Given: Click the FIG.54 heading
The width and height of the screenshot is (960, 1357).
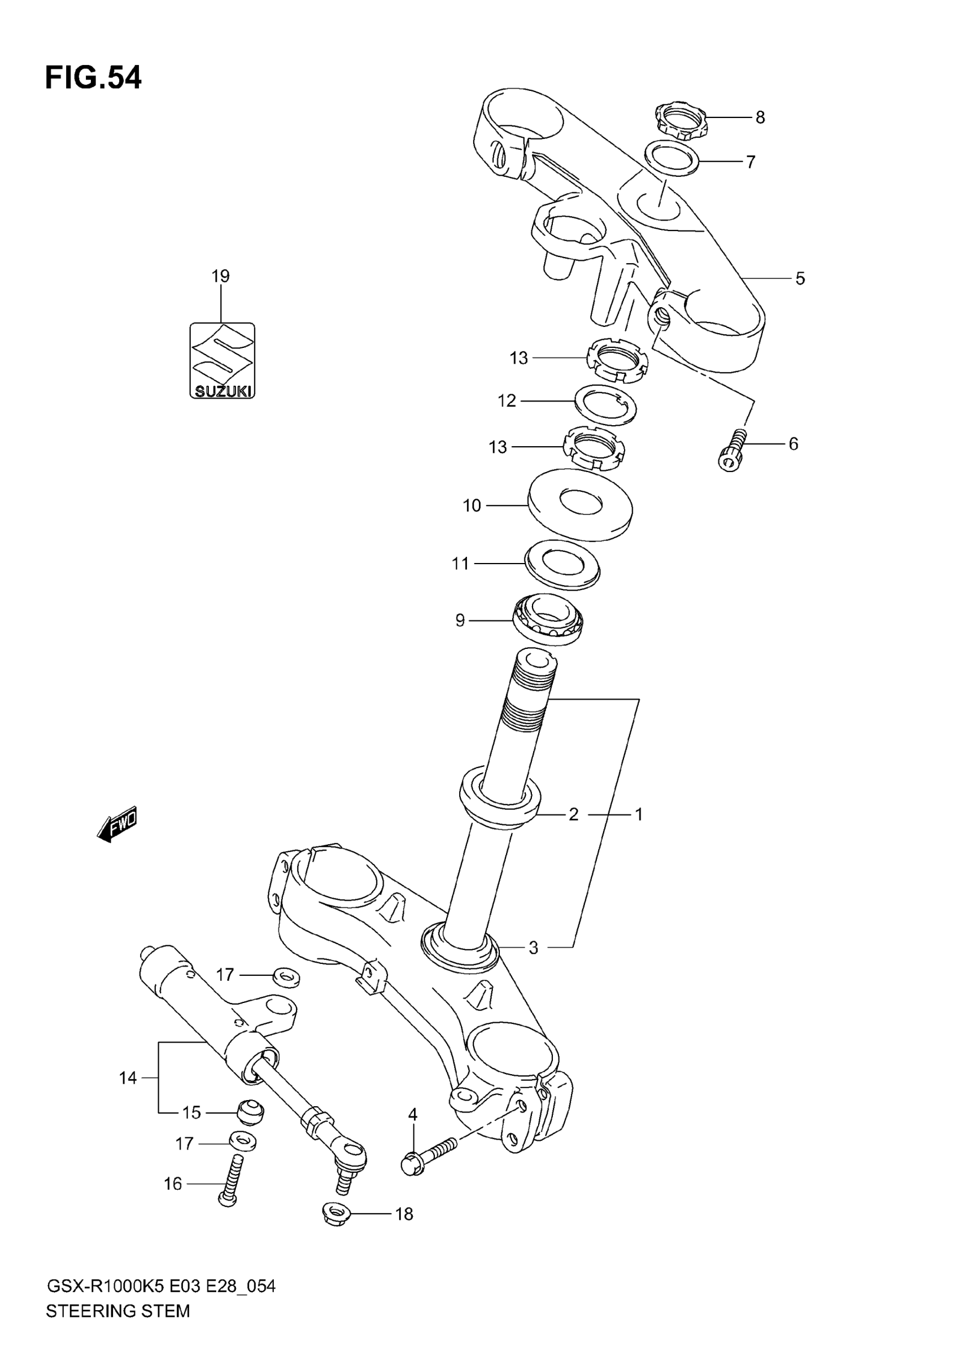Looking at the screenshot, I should [x=93, y=78].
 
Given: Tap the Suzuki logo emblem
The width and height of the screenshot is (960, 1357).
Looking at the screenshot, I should [x=222, y=360].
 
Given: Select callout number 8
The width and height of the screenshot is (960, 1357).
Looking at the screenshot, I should [x=760, y=117].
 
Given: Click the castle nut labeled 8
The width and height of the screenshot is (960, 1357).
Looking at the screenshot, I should [x=681, y=121].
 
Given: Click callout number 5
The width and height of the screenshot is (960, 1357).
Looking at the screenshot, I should [x=800, y=278].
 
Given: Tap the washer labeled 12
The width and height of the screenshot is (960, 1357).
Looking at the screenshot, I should [x=606, y=404].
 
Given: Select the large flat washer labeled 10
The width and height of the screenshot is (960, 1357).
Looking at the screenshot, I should [x=580, y=505].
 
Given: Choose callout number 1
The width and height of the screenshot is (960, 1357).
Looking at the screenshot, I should [x=639, y=814].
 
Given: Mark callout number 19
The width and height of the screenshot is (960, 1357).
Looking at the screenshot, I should [x=220, y=276].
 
